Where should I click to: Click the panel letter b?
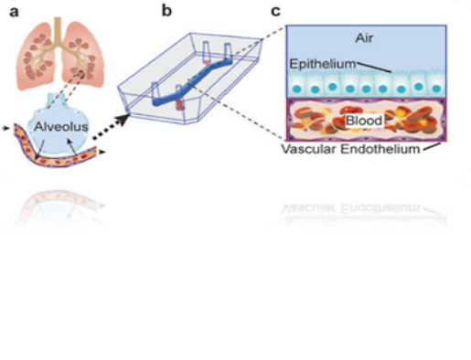coord(166,11)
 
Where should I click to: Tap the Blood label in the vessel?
coord(363,120)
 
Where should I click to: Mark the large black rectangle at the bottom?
coord(235,292)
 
